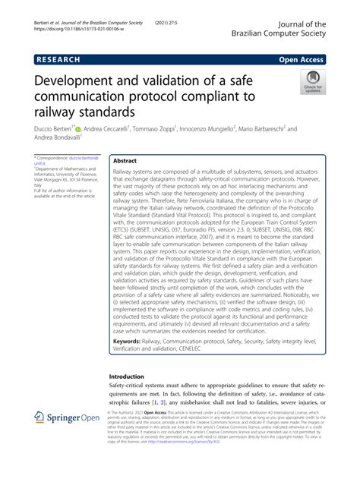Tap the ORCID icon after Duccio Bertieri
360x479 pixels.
(x=77, y=130)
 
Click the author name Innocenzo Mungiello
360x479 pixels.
(x=226, y=130)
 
